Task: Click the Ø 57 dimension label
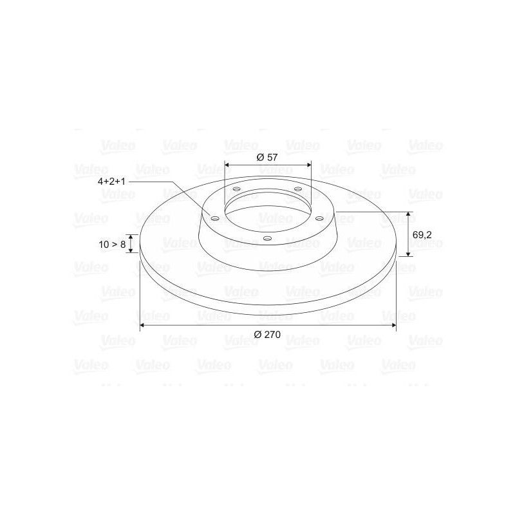pos(267,157)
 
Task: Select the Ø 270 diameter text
pos(267,335)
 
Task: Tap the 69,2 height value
pos(422,235)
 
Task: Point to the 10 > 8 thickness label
pos(112,245)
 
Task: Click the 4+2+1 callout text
pos(111,182)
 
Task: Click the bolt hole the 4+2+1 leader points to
pos(214,218)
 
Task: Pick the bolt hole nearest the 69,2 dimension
pos(319,218)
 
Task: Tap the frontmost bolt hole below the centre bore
pos(268,238)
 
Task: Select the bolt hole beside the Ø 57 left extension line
pos(236,189)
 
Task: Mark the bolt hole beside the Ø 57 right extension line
pos(298,189)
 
